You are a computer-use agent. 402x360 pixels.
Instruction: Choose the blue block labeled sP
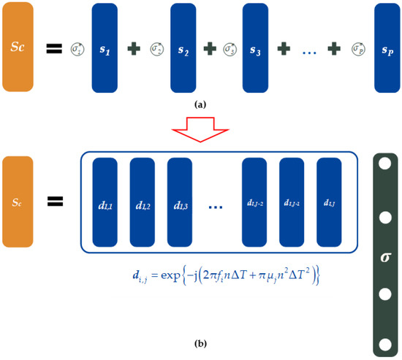(x=387, y=49)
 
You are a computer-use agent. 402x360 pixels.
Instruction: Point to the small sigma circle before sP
(x=359, y=49)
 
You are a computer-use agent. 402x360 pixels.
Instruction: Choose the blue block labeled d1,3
(x=181, y=202)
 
